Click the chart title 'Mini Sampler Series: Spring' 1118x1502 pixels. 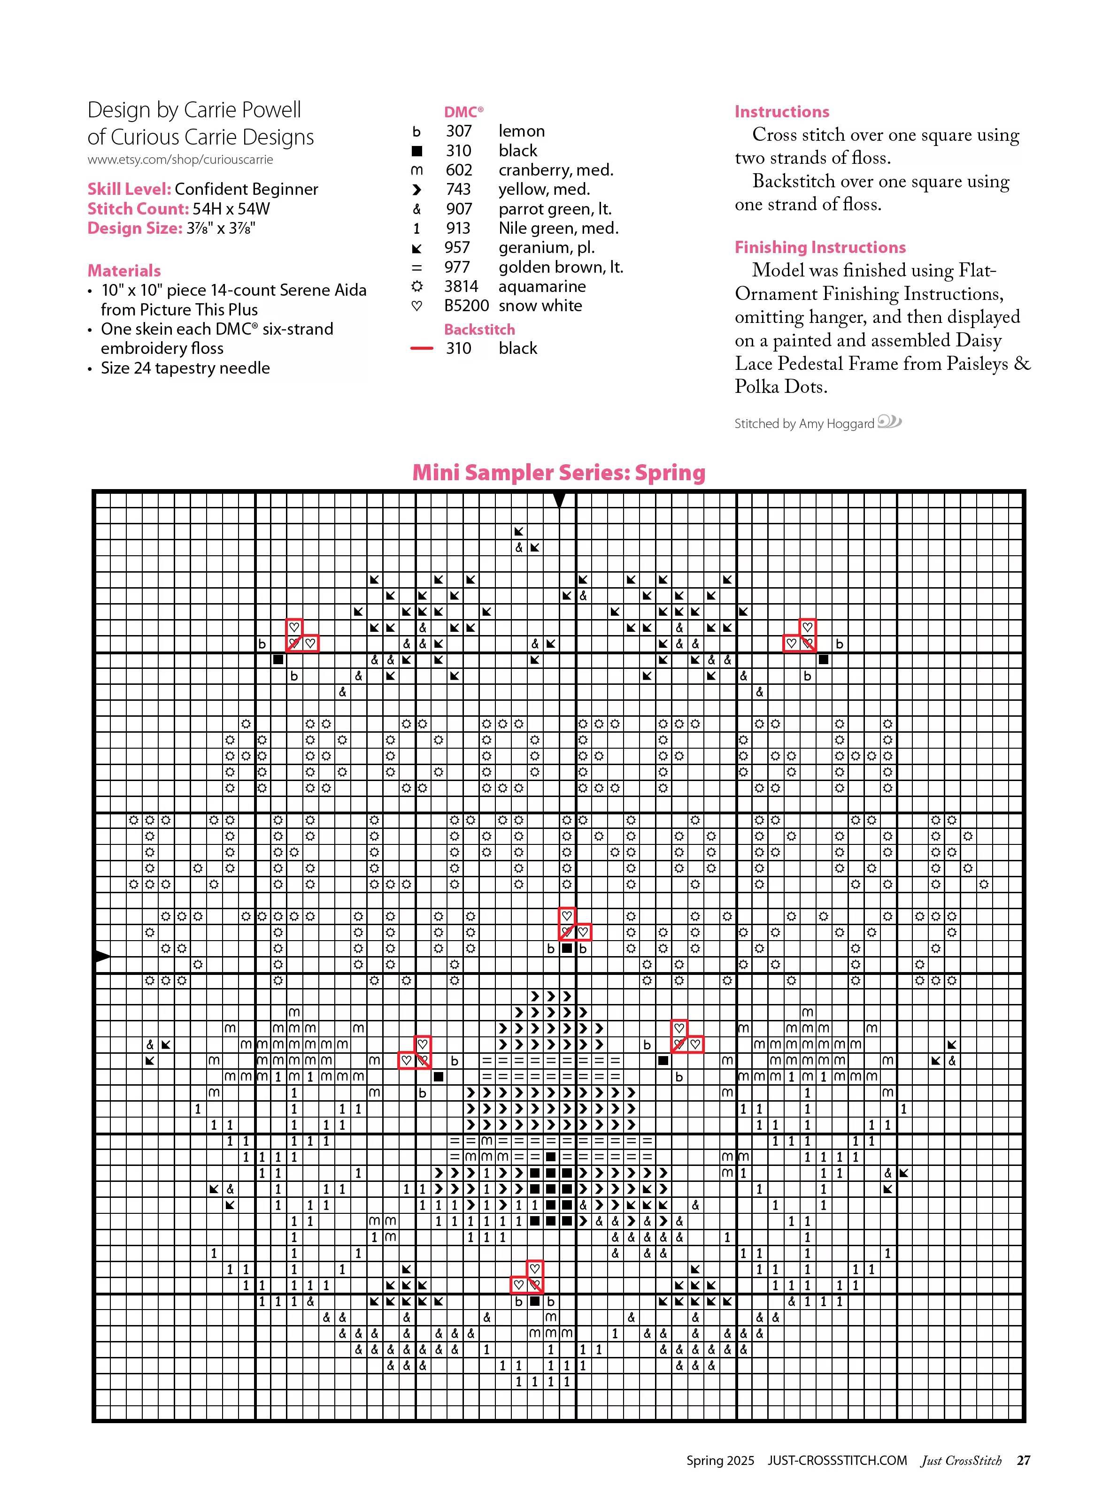558,472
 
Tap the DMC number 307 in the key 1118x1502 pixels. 458,131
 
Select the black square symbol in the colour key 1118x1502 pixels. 417,151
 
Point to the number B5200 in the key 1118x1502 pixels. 466,306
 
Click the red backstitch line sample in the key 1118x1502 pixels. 421,348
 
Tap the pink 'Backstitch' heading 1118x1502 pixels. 479,330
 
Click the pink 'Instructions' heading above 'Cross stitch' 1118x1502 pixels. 782,112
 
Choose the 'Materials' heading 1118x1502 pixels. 124,271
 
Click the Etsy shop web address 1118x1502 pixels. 180,160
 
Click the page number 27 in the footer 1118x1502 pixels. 1023,1460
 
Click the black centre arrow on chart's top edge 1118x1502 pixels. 559,500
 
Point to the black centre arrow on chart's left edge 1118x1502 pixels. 101,956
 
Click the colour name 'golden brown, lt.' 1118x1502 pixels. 560,267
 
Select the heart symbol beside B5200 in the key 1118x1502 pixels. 417,306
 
